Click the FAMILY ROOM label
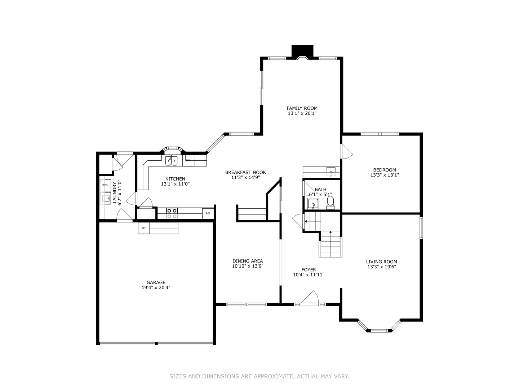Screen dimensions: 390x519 point(302,108)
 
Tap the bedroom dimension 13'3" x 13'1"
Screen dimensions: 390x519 point(385,175)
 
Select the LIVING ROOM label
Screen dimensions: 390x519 point(381,262)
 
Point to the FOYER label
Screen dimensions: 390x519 point(309,270)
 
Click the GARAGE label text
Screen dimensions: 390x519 point(156,283)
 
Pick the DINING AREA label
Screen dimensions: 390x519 point(248,261)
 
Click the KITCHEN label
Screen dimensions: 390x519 point(175,179)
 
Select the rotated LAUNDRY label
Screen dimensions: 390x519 point(115,192)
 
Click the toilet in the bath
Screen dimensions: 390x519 point(330,203)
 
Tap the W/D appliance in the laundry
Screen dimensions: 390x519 point(105,185)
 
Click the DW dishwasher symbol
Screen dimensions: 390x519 point(188,160)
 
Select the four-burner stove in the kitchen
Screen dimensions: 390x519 point(172,213)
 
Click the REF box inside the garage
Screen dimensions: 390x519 point(144,228)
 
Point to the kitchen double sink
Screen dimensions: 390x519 point(171,161)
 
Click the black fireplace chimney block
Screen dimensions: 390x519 point(302,51)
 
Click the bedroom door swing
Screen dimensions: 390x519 point(346,151)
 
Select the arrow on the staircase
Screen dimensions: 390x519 point(306,221)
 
